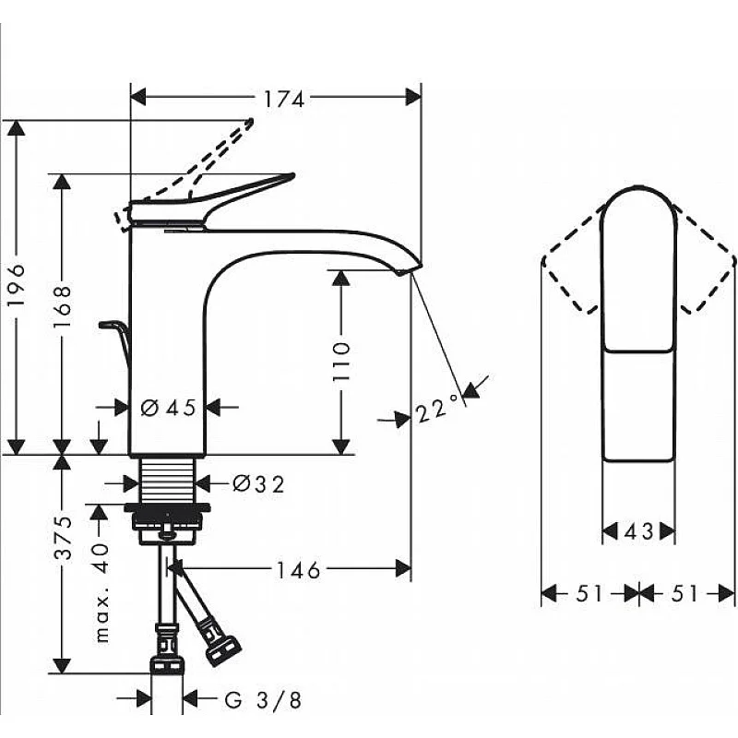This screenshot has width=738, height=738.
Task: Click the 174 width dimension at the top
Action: click(283, 99)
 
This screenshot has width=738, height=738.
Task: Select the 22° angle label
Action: click(437, 409)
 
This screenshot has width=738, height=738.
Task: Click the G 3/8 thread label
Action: click(264, 700)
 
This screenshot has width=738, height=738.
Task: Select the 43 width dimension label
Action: click(637, 531)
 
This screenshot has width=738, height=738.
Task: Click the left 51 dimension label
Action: click(589, 594)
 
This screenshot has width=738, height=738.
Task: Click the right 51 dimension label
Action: click(684, 594)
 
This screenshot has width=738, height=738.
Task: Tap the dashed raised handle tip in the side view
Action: click(247, 124)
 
